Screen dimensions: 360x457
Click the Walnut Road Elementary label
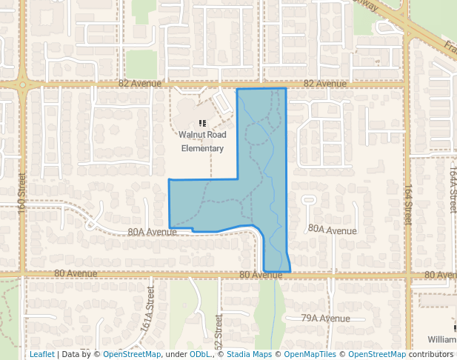coord(202,141)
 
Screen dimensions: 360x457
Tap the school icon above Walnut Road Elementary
coord(203,122)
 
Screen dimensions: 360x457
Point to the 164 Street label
coord(408,205)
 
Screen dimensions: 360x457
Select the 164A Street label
coord(453,190)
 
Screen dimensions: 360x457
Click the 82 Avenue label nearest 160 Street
coord(141,84)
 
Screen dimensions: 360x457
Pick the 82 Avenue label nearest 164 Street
coord(324,84)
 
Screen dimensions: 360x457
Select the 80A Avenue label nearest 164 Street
coord(332,231)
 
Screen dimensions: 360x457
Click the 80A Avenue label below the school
coord(152,232)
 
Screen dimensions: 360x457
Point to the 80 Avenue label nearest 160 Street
coord(76,274)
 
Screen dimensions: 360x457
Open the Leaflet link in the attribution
coord(41,355)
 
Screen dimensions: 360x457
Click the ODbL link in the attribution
coord(199,355)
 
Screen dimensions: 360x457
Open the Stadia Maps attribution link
coord(252,355)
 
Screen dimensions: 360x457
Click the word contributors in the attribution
coord(431,355)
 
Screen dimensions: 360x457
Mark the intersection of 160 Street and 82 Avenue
coord(23,84)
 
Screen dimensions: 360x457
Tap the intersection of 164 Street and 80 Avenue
coord(408,275)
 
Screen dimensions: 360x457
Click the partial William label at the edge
coord(441,339)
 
